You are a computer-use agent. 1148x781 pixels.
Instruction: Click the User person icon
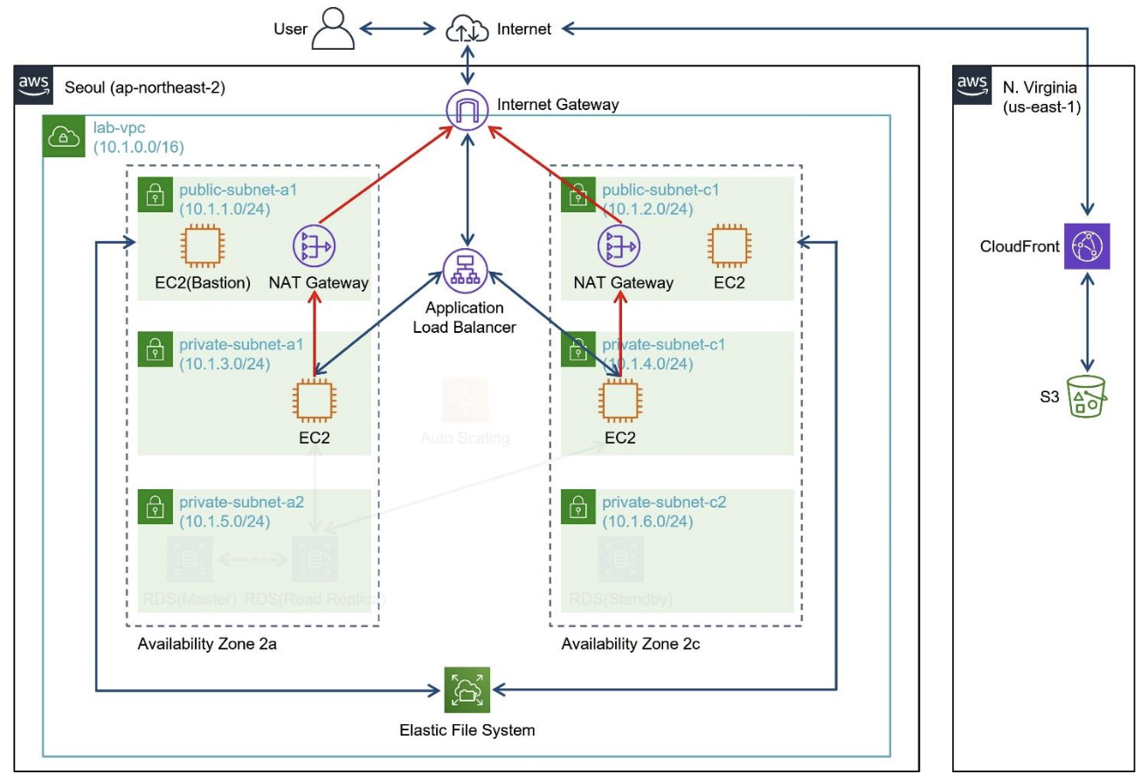(x=333, y=29)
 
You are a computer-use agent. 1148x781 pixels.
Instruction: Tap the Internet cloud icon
(x=467, y=29)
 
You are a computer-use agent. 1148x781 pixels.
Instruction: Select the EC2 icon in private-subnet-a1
(x=315, y=400)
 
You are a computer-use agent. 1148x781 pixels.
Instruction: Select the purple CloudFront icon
(x=1086, y=245)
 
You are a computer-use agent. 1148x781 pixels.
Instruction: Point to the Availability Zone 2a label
(x=207, y=645)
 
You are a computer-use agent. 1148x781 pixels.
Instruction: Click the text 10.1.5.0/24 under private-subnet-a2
(x=225, y=522)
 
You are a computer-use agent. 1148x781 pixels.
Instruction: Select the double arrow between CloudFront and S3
(x=1087, y=322)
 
